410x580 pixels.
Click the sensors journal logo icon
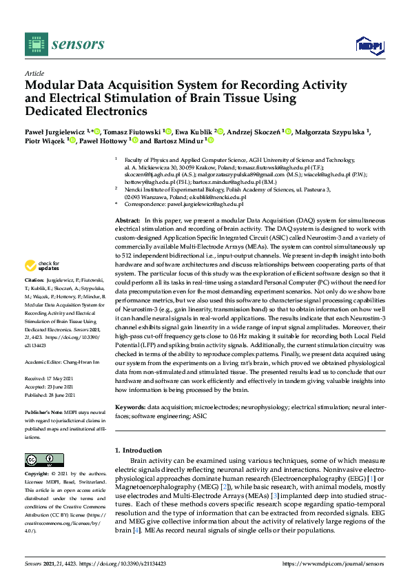point(34,44)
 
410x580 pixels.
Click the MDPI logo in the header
point(369,45)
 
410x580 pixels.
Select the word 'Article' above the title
point(34,72)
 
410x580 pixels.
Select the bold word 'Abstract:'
point(127,219)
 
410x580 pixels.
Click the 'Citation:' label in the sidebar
point(34,300)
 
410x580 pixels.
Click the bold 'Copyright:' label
point(37,475)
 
